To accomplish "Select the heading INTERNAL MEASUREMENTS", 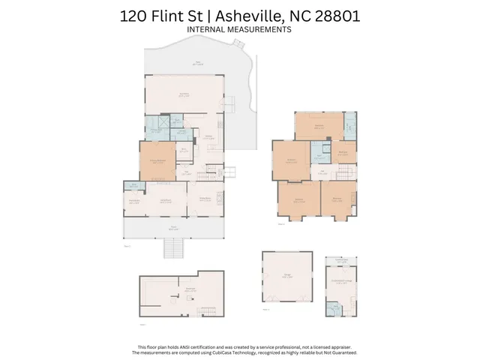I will pyautogui.click(x=239, y=29).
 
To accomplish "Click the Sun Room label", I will pyautogui.click(x=183, y=94).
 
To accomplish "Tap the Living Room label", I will pyautogui.click(x=166, y=200).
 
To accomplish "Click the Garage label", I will pyautogui.click(x=287, y=277).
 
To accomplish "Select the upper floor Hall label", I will pyautogui.click(x=322, y=172).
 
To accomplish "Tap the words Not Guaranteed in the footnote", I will pyautogui.click(x=342, y=352).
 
